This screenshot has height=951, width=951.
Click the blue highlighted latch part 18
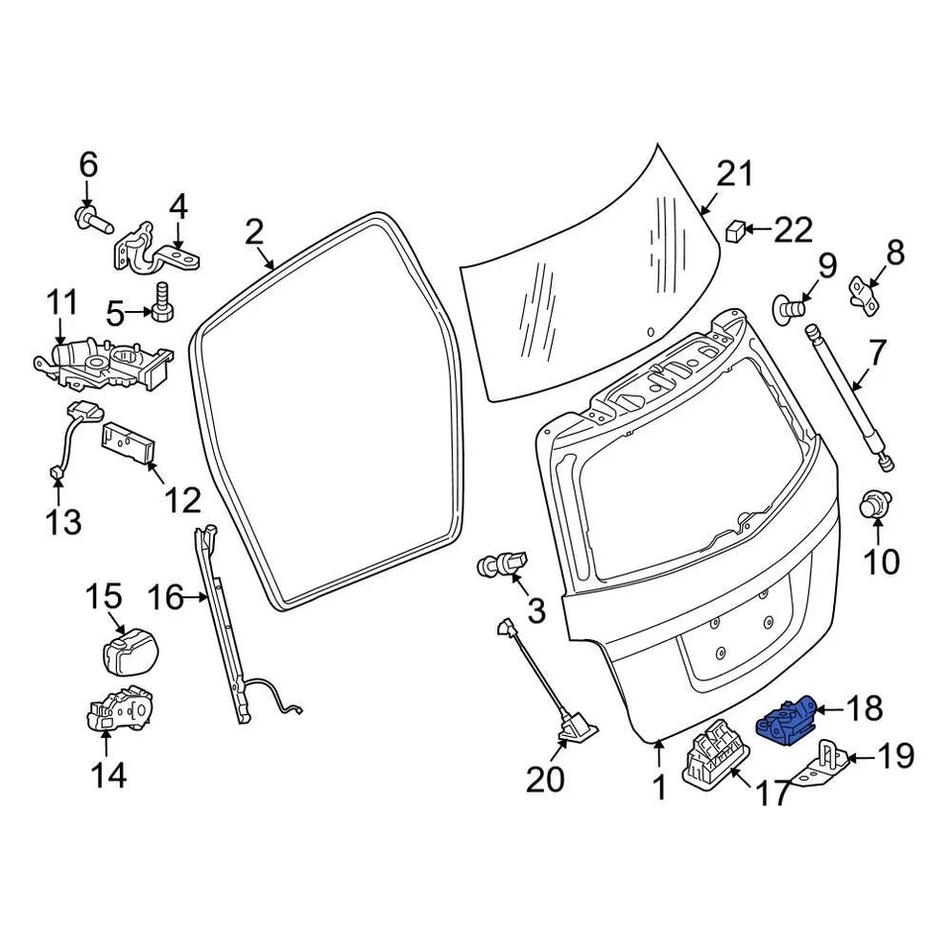(788, 717)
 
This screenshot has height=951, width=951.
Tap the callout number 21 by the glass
(734, 174)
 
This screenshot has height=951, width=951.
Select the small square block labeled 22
(736, 230)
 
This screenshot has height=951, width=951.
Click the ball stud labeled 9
(789, 308)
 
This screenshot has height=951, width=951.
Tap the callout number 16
(165, 597)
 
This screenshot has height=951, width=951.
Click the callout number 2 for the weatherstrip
(255, 233)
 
